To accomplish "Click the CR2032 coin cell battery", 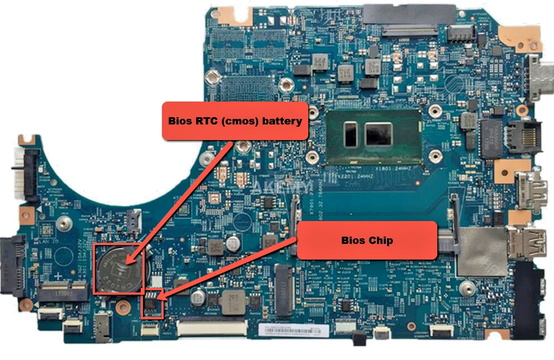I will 118,268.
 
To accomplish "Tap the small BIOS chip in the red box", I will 152,302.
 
